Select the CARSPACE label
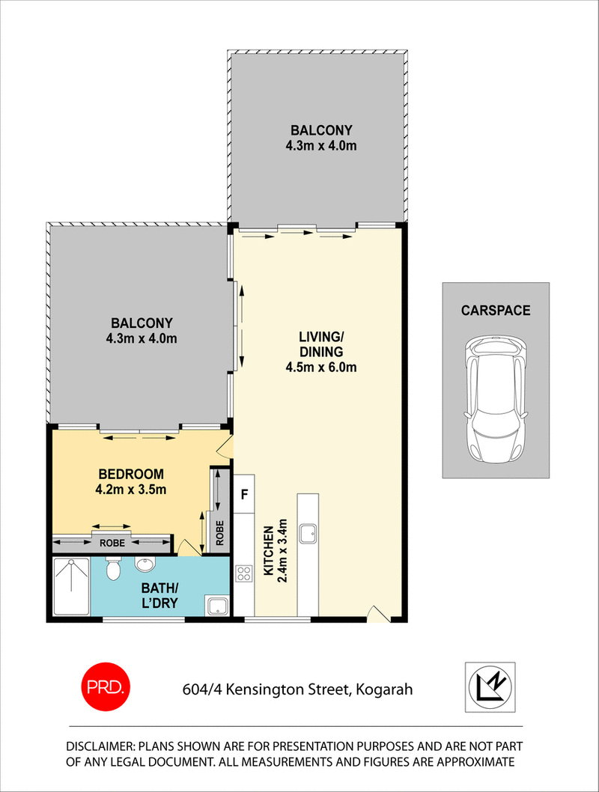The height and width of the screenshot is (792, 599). [x=495, y=310]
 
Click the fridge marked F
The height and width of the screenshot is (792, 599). [x=244, y=494]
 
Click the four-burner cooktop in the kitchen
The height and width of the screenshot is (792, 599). [x=244, y=575]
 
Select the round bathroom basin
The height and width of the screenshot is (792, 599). [x=145, y=563]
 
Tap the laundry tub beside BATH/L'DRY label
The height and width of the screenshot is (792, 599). [x=218, y=605]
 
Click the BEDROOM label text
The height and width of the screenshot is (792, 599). [x=131, y=475]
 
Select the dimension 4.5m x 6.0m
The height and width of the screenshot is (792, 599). [x=320, y=367]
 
